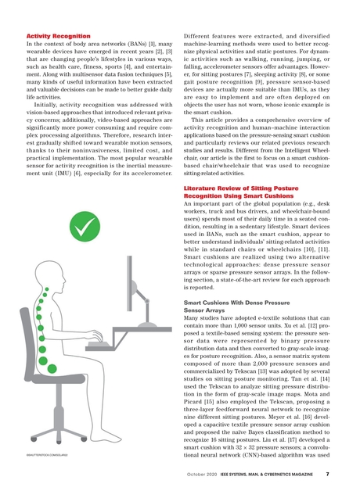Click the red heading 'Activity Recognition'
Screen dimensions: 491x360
coord(58,37)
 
